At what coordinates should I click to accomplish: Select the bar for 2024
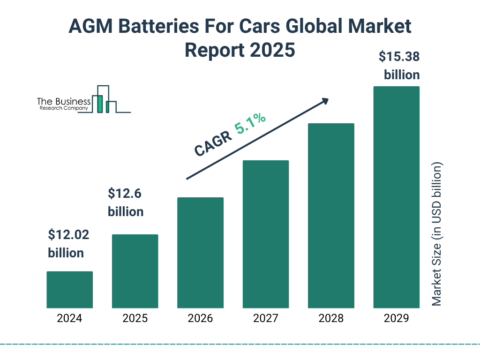(69, 290)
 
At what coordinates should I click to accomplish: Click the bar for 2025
(135, 271)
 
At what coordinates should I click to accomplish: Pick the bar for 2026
(200, 253)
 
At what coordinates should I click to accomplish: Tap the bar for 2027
(265, 234)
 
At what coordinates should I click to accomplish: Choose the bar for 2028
(331, 216)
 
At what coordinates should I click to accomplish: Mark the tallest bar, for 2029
(396, 197)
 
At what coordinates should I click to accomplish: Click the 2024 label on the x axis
(69, 319)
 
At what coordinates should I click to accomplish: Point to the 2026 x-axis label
(200, 319)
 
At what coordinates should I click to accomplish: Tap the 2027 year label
(265, 319)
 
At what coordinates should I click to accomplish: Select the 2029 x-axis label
(396, 319)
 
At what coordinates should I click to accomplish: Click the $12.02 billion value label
(68, 244)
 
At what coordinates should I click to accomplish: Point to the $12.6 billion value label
(126, 202)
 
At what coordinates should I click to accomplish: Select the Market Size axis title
(437, 234)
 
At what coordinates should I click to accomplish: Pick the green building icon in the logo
(99, 104)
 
